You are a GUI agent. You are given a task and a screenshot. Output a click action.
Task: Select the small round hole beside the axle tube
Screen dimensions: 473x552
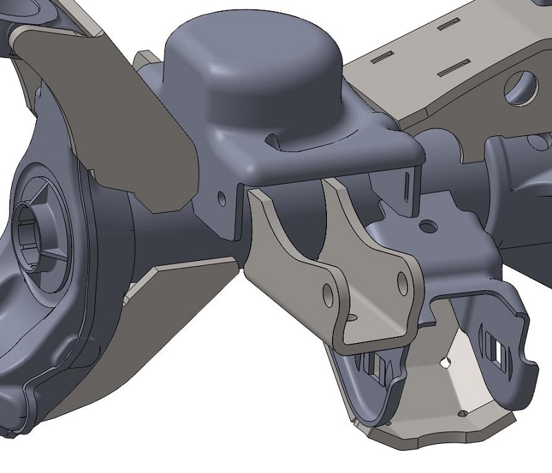[x=221, y=199]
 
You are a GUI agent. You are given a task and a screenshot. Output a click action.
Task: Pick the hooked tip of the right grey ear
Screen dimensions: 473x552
[x=531, y=366]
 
